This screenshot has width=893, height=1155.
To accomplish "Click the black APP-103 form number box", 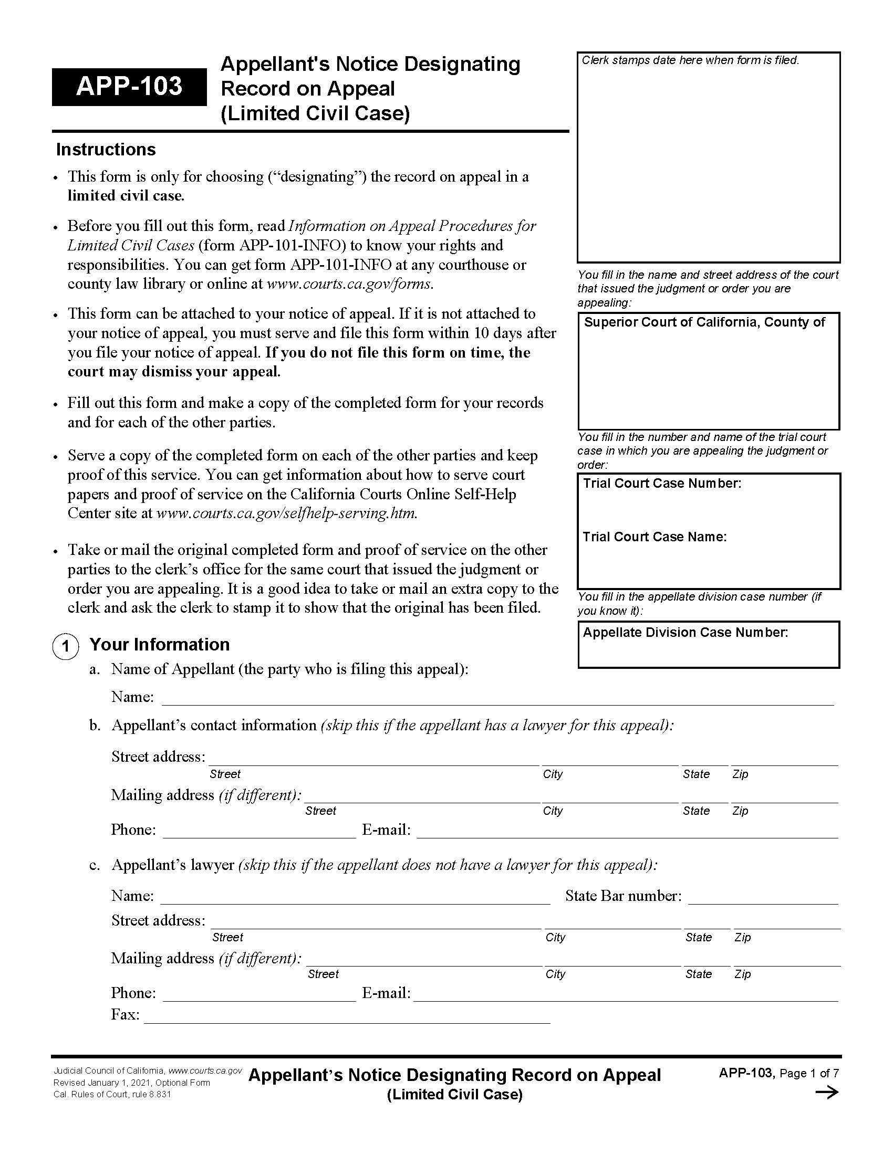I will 129,86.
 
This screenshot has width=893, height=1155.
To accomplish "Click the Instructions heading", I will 106,150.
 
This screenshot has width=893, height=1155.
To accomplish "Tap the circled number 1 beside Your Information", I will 66,646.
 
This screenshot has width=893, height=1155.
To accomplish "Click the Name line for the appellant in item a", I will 497,699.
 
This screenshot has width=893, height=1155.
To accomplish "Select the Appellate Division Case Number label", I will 685,633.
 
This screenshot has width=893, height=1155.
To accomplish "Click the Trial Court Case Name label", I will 655,537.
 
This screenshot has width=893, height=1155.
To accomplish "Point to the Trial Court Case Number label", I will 662,484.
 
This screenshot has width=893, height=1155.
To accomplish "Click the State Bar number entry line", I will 762,898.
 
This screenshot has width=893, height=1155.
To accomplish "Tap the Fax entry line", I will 347,1017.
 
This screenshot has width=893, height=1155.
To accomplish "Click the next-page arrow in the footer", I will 827,1092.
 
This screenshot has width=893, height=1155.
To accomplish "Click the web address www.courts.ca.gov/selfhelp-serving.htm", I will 287,513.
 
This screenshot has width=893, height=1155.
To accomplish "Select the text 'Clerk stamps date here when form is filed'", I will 690,60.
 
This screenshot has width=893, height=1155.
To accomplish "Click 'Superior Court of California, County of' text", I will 704,322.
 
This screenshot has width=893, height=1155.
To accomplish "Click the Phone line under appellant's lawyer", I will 259,995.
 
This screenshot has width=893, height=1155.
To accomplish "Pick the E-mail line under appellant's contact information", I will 627,832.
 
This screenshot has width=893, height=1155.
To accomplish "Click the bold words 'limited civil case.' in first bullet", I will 126,196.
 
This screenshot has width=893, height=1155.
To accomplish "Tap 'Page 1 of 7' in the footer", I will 809,1073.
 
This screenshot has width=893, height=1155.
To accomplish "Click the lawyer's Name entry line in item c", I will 355,898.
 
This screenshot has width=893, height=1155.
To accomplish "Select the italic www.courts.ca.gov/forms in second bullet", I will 350,284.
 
